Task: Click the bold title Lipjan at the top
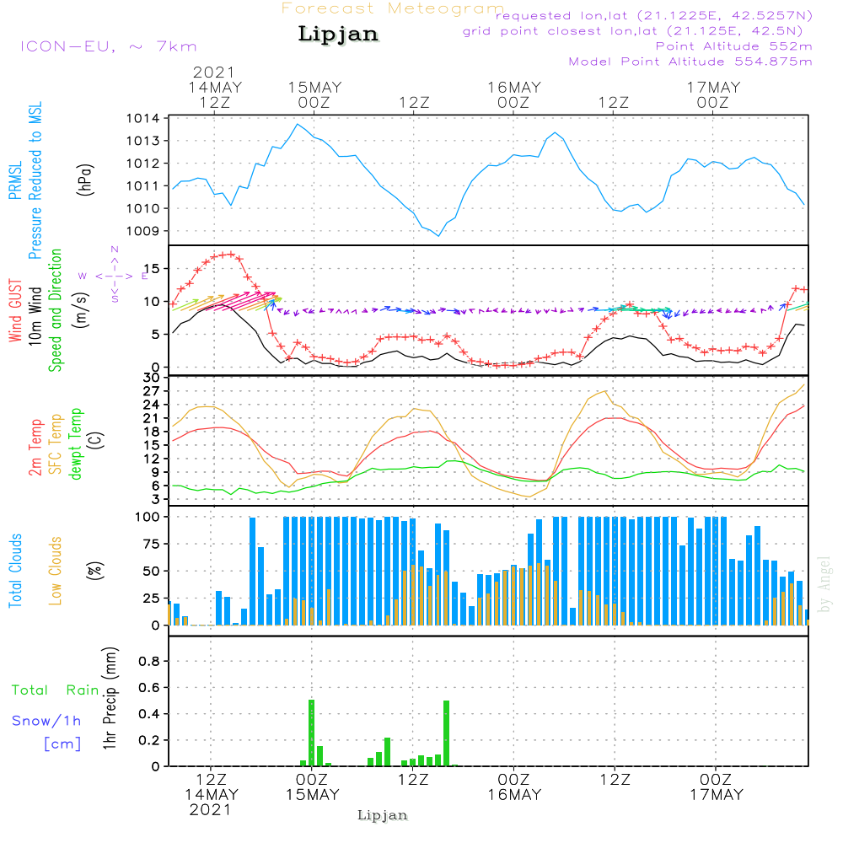coord(338,35)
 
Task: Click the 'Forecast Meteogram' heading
coord(393,8)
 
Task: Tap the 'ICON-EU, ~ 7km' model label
coord(109,46)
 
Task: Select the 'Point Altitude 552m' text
coord(734,46)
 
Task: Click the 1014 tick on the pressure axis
coord(143,118)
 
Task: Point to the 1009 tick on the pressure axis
coord(143,231)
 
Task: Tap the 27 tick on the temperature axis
coord(152,391)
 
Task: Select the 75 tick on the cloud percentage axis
coord(152,544)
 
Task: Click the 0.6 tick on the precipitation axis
coord(149,688)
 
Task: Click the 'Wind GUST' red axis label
coord(15,310)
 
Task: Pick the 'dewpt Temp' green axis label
coord(75,443)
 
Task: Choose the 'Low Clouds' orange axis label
coord(56,571)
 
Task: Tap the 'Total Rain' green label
coord(56,690)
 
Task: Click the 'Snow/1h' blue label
coord(46,721)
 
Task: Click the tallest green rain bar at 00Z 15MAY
coord(311,733)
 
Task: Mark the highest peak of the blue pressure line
coord(298,124)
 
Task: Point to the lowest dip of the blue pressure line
coord(438,236)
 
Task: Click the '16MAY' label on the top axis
coord(514,88)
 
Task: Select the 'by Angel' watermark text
coord(824,584)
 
